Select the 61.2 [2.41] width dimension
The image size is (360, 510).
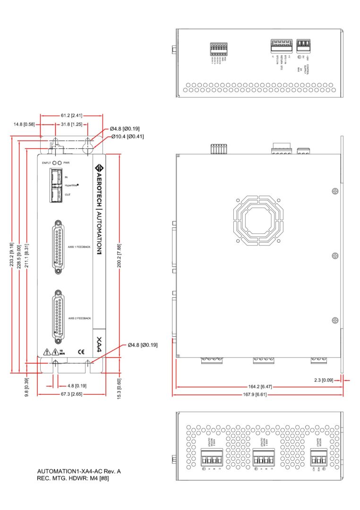pos(72,115)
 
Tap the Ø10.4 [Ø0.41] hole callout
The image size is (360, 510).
pos(128,137)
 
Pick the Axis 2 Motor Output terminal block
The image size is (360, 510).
pos(211,458)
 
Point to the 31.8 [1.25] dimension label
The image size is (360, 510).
pos(72,124)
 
